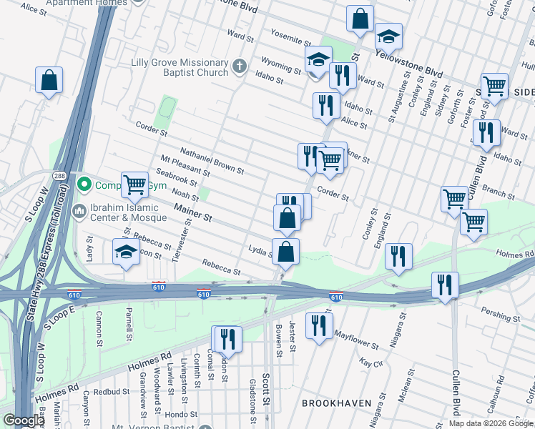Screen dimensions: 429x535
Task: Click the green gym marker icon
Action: coord(84,185)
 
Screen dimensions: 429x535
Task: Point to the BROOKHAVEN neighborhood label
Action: coord(336,403)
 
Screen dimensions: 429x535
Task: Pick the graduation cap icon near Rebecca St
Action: coord(126,252)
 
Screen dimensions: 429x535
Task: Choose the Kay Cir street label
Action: coord(369,363)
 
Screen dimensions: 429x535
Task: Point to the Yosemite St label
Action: coord(290,38)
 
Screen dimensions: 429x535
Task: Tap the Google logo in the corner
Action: coord(23,420)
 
